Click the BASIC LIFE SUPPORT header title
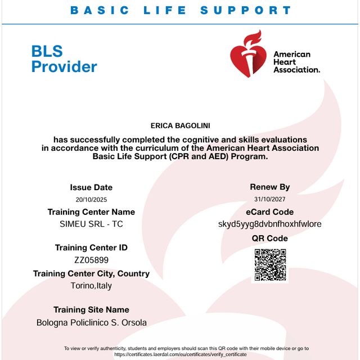(x=181, y=10)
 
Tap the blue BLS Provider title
(x=64, y=59)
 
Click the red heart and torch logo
(x=247, y=53)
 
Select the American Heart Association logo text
(x=296, y=62)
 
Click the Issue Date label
(x=91, y=187)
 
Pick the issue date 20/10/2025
(x=91, y=200)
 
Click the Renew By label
(x=270, y=187)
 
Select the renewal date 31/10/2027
(x=270, y=199)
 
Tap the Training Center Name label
(x=91, y=212)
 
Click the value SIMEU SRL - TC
(x=91, y=224)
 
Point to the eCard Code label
(x=270, y=212)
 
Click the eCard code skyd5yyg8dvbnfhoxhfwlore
(x=270, y=224)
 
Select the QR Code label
(x=270, y=238)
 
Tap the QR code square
(x=270, y=264)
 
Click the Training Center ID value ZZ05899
(x=91, y=260)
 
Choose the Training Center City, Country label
(x=91, y=273)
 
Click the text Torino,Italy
(x=91, y=286)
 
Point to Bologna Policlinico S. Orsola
(x=91, y=323)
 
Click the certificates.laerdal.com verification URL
(x=180, y=354)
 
